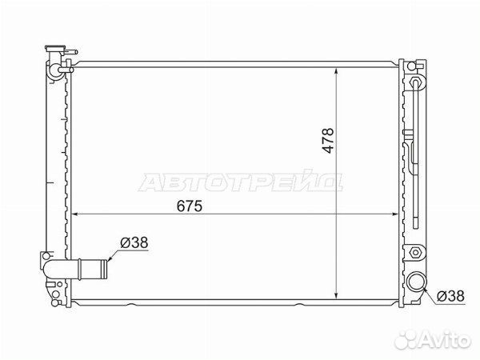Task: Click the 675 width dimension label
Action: [190, 206]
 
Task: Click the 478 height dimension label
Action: [328, 141]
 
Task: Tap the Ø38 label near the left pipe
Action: [134, 242]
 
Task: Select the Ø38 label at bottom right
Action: [450, 296]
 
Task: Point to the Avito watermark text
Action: [445, 340]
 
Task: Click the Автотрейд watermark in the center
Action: [241, 182]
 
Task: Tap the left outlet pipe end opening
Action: [105, 269]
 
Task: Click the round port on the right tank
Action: [415, 282]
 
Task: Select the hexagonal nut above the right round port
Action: [415, 253]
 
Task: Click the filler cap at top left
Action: [55, 48]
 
